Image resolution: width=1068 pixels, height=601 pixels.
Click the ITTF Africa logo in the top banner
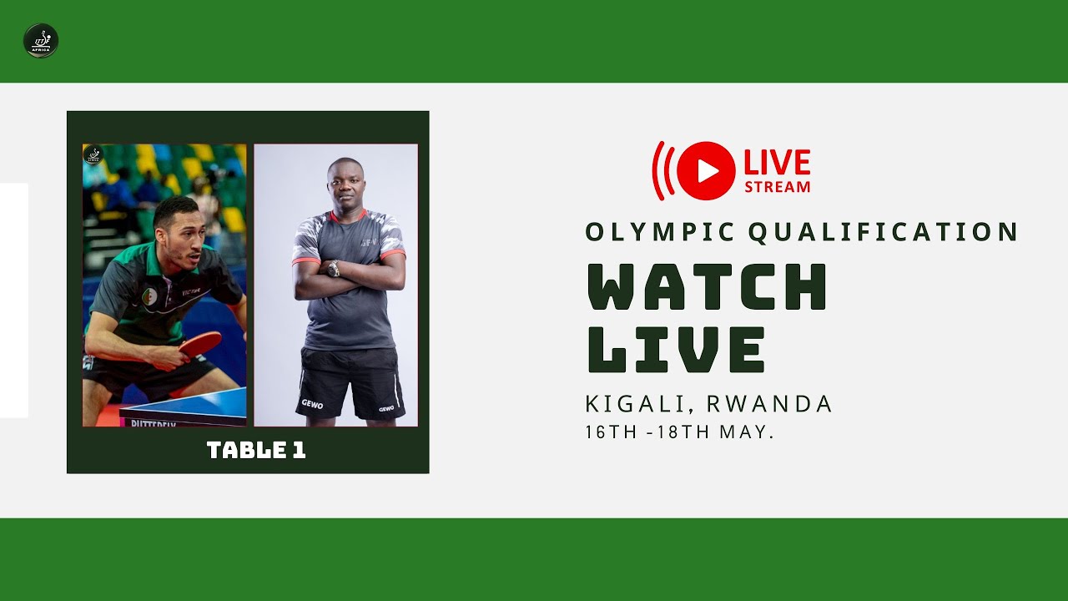tap(40, 41)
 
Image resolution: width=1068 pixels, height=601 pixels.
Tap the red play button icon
tap(706, 170)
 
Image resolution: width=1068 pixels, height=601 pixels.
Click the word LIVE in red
tap(776, 162)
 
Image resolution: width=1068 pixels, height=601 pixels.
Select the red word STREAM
tap(777, 186)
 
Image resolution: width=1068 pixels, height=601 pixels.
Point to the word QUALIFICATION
tap(884, 232)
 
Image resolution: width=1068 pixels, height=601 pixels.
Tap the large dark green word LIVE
tap(676, 349)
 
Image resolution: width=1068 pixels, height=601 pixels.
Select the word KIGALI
tap(639, 404)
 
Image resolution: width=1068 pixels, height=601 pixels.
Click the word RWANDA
tap(769, 404)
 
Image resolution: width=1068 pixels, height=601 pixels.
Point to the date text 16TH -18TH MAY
tap(680, 433)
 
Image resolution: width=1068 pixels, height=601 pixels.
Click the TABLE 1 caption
tap(256, 451)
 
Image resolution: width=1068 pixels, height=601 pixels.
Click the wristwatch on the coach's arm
tap(334, 268)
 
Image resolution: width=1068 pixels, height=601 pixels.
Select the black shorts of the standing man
tap(350, 380)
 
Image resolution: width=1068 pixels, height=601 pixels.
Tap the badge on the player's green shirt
tap(150, 295)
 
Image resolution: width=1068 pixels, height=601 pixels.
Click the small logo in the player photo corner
tap(93, 155)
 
